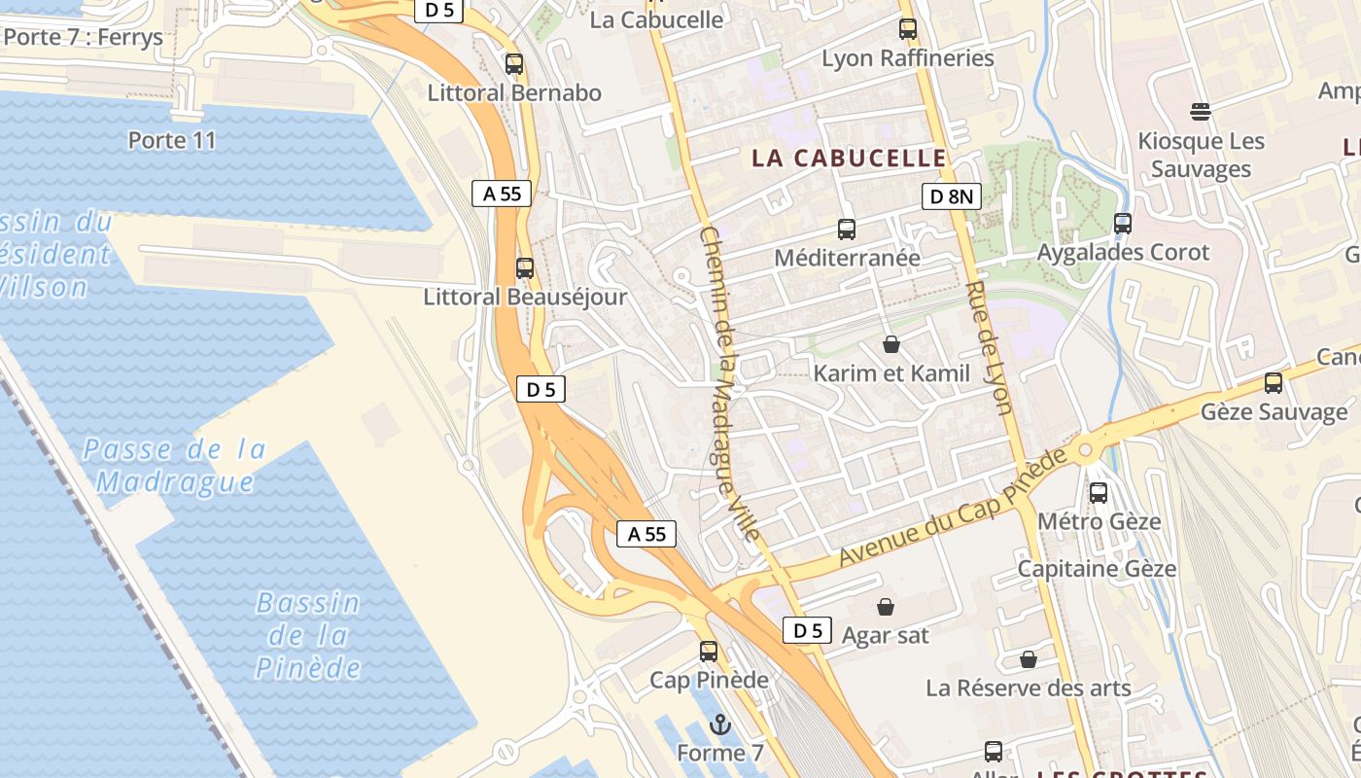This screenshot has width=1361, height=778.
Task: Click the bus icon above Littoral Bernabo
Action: [x=514, y=64]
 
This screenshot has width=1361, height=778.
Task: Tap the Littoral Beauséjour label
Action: [x=525, y=297]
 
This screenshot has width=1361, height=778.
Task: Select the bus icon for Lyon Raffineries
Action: [x=908, y=29]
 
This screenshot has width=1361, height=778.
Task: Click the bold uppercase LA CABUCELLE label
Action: [x=849, y=158]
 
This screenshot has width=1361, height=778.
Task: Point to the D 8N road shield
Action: [x=951, y=197]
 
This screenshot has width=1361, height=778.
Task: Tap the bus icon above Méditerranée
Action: [x=847, y=230]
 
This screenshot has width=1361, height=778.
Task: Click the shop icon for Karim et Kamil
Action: [x=890, y=344]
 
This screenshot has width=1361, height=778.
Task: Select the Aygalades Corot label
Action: [x=1123, y=253]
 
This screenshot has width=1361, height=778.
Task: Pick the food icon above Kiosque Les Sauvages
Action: [x=1201, y=111]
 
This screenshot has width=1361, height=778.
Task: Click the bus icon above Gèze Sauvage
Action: [x=1274, y=382]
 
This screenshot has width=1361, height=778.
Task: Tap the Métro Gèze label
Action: [x=1099, y=521]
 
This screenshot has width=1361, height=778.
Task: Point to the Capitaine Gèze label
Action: [x=1097, y=568]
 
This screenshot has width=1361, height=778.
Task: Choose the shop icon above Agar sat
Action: [x=886, y=607]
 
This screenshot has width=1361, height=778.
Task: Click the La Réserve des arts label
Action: [x=1028, y=689]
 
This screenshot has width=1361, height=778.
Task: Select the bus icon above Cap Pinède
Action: [x=709, y=652]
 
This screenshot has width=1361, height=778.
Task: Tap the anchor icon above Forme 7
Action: [x=720, y=724]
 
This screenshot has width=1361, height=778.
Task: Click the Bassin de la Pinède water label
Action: [x=308, y=635]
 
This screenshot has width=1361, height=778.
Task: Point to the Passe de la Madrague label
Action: [x=175, y=465]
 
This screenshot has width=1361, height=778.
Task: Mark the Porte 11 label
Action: [x=172, y=140]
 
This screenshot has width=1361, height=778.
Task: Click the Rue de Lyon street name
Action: [x=989, y=347]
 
